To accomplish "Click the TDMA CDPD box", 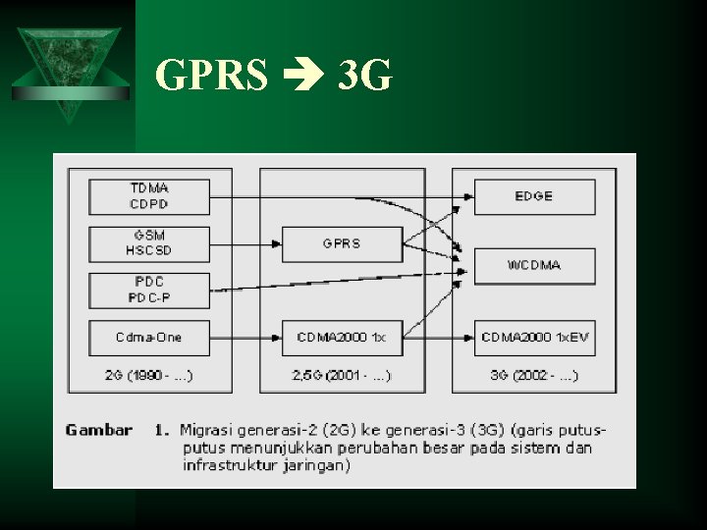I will tap(148, 196).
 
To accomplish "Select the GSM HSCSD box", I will tap(148, 243).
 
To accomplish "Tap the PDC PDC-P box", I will tap(148, 290).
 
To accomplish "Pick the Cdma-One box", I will tap(148, 338).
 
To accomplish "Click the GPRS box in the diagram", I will tap(341, 243).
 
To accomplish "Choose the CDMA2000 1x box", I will tap(341, 338).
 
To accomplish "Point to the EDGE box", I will tap(534, 196).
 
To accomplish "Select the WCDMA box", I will tap(534, 266).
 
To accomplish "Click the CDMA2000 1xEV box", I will tap(534, 338).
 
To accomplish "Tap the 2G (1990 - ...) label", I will tap(148, 375).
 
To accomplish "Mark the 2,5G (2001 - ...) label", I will tap(341, 375).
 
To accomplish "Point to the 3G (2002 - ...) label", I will tap(534, 375).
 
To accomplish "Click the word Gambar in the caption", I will tap(99, 430).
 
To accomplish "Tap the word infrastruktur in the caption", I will tap(227, 465).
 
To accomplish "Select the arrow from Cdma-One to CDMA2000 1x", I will tap(245, 338).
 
